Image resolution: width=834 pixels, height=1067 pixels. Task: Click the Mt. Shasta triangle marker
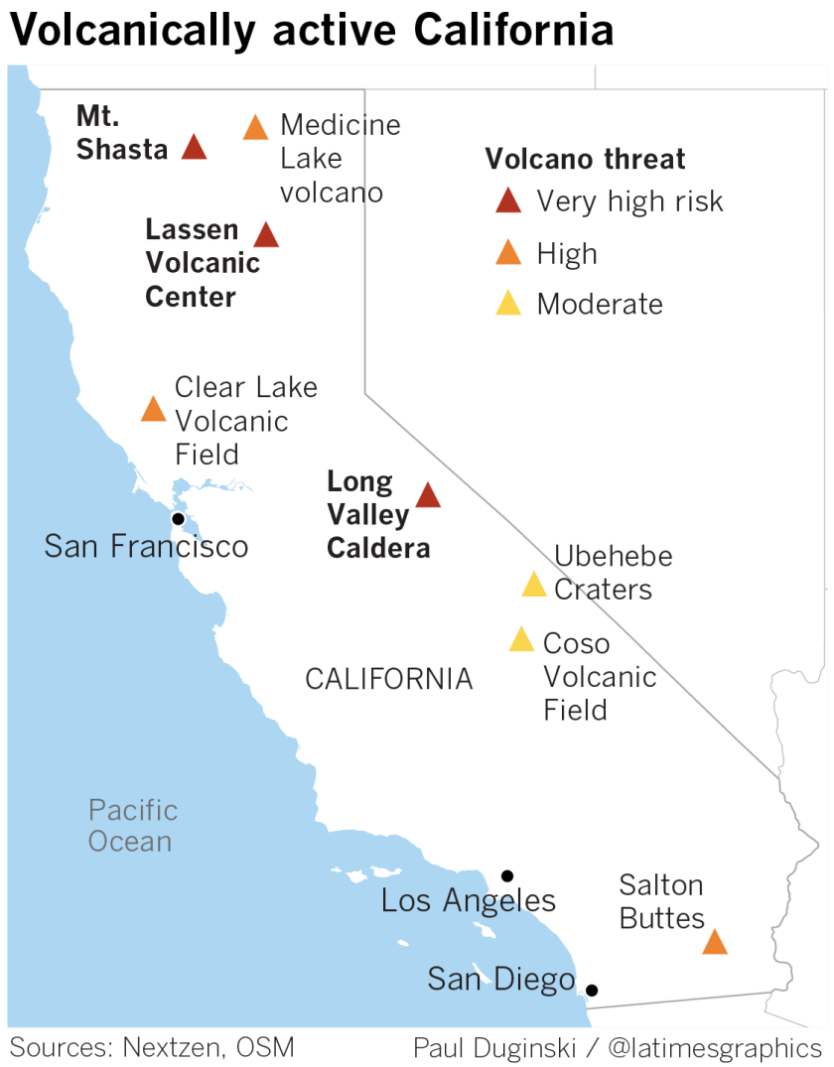coord(194,149)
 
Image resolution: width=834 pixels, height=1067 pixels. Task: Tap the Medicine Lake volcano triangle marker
coord(255,128)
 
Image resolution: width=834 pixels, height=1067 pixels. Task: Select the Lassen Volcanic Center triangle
coord(265,235)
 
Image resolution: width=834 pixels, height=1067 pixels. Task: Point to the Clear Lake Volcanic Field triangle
coord(153,410)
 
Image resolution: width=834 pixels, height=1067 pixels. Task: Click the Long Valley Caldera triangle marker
coord(427,496)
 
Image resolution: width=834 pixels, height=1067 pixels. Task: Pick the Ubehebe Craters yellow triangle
coord(534,586)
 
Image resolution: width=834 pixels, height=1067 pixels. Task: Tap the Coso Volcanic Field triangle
coord(521,640)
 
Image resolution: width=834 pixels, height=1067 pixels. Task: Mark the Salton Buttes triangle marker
coord(715,943)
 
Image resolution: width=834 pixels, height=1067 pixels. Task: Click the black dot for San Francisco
coord(178,519)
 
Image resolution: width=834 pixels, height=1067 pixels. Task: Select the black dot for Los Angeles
coord(507,875)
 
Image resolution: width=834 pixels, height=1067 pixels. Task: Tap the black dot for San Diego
coord(592,990)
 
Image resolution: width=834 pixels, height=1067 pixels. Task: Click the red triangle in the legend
coord(508,201)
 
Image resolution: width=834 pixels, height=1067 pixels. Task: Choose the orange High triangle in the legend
coord(508,253)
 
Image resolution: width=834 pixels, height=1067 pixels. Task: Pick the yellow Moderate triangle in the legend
coord(508,304)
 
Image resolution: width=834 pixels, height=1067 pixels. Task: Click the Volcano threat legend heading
coord(585,159)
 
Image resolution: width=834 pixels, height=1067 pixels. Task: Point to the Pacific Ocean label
coord(133,826)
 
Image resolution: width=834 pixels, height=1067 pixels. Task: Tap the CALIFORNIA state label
coord(388,679)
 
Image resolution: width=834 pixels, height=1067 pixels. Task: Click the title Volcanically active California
coord(311,32)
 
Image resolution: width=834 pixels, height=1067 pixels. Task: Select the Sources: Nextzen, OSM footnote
coord(152,1047)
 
